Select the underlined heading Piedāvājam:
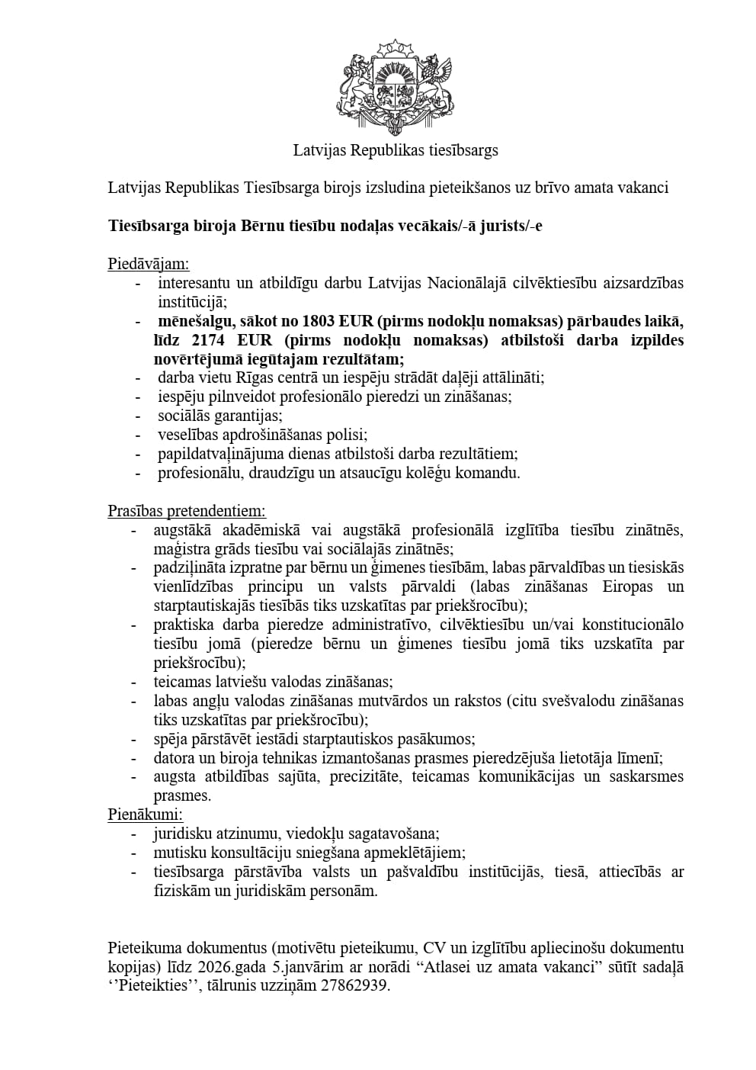click(x=148, y=264)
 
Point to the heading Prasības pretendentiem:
click(x=186, y=511)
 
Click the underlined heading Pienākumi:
click(x=145, y=815)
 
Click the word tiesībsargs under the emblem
click(x=462, y=150)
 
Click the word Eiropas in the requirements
click(x=627, y=586)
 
